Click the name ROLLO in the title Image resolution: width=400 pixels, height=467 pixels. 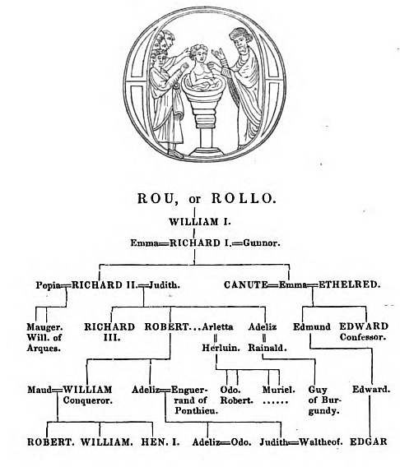[x=244, y=199]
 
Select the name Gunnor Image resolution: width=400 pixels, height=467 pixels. [x=262, y=243]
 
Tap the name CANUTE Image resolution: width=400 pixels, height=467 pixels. [x=246, y=285]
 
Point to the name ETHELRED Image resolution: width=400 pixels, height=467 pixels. [x=349, y=285]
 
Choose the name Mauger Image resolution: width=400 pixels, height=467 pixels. [x=44, y=327]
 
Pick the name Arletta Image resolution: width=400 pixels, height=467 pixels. [x=217, y=326]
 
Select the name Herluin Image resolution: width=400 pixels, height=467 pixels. [x=221, y=348]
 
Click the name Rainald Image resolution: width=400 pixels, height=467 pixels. [x=267, y=348]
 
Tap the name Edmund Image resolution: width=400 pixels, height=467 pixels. [x=312, y=326]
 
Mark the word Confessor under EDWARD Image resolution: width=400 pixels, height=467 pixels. [x=363, y=337]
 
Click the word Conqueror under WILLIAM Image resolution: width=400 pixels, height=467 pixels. [x=87, y=400]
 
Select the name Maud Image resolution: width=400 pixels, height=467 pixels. [x=40, y=390]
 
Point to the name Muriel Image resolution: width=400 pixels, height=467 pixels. [x=279, y=390]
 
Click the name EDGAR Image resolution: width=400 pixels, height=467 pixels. [x=369, y=442]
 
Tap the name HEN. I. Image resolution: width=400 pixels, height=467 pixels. [x=160, y=442]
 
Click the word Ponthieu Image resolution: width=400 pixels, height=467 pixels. [x=196, y=411]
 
